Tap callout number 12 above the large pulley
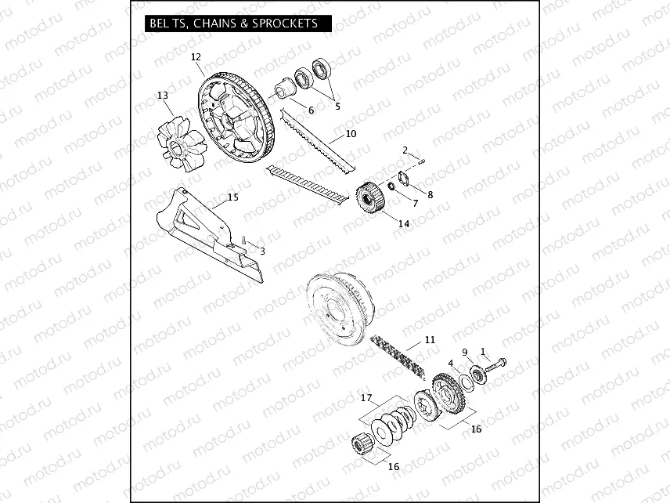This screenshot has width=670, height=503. coord(196,56)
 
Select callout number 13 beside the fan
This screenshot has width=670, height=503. coord(163,96)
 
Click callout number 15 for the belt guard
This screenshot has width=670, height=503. coord(232,197)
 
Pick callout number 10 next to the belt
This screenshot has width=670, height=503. coord(351,134)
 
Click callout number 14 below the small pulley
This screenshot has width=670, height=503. coord(404,223)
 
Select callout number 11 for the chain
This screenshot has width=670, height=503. coord(430,340)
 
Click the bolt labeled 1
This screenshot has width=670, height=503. coord(496,363)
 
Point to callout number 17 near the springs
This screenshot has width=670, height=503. coord(366,398)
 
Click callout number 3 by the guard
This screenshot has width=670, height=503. coord(262,251)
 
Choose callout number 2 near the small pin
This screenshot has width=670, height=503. coord(405,150)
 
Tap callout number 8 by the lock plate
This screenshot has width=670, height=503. coord(429,194)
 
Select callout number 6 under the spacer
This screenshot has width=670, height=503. coord(311,110)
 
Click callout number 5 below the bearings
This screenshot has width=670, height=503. coord(338,106)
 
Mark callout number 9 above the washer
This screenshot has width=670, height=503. coord(465,353)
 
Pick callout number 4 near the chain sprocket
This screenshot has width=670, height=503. coord(451,363)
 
